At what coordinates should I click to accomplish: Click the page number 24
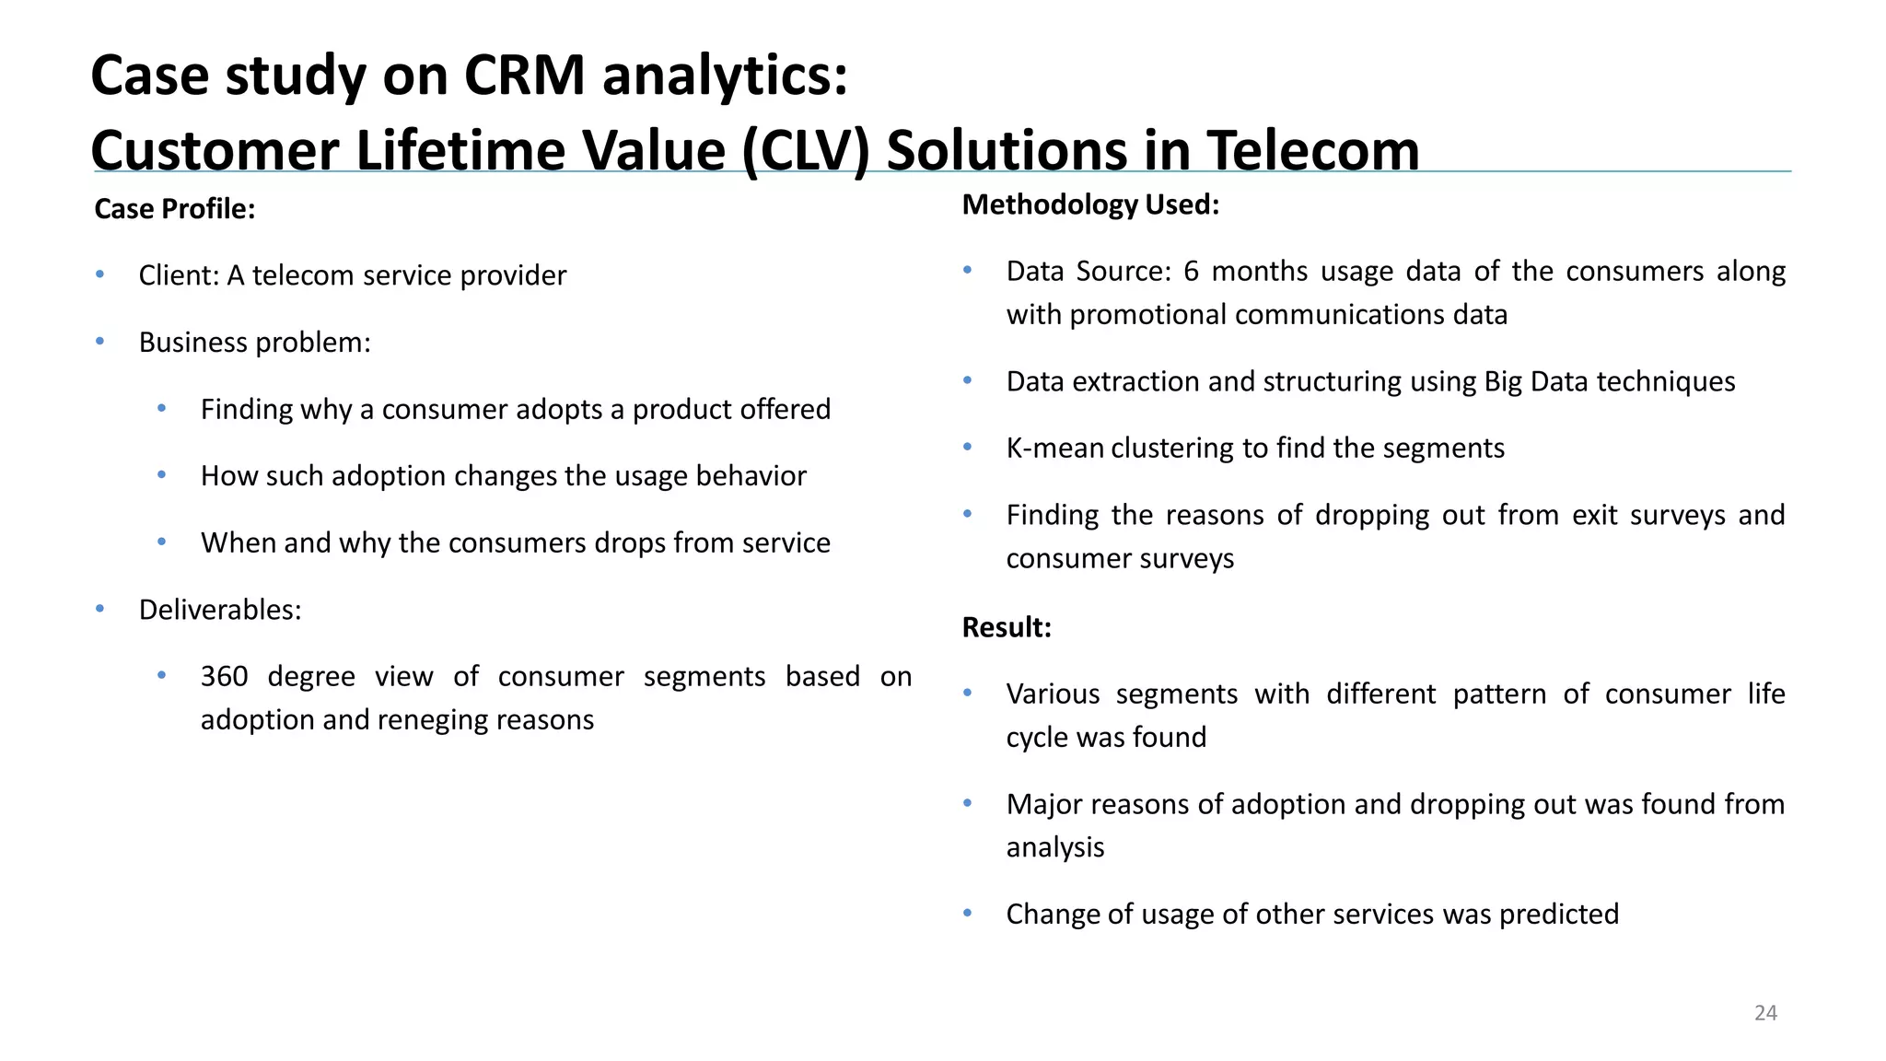(x=1764, y=1013)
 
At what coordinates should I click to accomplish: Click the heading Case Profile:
(x=175, y=209)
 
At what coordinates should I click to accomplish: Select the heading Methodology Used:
(x=1090, y=204)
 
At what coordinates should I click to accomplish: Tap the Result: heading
(x=1007, y=627)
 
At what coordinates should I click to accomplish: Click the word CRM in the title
(x=524, y=75)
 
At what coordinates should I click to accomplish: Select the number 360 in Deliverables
(x=224, y=677)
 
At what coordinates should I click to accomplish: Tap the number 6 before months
(x=1191, y=272)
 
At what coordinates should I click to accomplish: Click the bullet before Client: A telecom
(x=99, y=274)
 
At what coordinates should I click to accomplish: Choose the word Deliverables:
(x=220, y=610)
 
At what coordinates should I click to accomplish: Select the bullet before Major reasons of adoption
(x=968, y=803)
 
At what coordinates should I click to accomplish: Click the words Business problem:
(x=254, y=343)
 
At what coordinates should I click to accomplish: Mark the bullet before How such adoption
(x=162, y=475)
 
